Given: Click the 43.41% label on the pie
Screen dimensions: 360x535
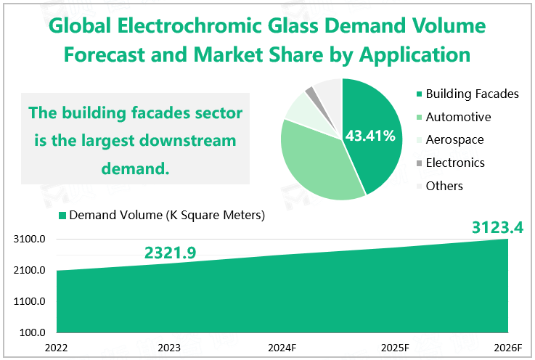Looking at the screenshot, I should [370, 136].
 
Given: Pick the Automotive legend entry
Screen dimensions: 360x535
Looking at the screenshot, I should [458, 117].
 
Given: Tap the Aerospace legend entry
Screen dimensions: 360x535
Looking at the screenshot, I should [454, 139].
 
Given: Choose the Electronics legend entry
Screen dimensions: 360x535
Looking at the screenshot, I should [455, 163].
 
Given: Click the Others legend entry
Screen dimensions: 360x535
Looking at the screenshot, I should [444, 186].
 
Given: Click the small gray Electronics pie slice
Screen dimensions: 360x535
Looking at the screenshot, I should [310, 91].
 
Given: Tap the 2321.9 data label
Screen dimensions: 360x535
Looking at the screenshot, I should [171, 252].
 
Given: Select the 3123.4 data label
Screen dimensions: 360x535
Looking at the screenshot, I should [498, 227].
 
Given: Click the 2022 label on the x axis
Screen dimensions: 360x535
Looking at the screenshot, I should [56, 347].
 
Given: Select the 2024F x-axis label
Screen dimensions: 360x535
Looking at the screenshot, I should [282, 347].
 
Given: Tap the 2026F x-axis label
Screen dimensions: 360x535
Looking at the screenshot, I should [507, 347].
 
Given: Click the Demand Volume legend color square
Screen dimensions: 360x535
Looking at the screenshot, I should [62, 216].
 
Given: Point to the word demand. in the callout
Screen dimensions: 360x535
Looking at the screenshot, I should [136, 169].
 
